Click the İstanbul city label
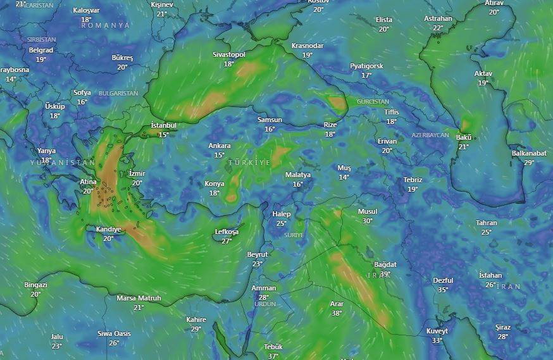pos(163,125)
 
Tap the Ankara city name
pos(220,146)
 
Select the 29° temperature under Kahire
pos(196,328)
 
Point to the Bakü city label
pos(464,137)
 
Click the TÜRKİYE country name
pos(249,163)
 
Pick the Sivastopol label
pos(229,54)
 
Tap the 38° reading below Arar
pos(337,313)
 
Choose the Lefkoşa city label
pos(227,232)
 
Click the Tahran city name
pos(487,223)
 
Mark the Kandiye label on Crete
pos(108,229)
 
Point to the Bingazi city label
pos(35,285)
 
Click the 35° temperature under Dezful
pos(443,290)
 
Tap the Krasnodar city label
pos(308,46)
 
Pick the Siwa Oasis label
pos(114,333)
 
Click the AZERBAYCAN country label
pos(430,135)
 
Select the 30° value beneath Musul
pos(368,221)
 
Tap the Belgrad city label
pos(41,50)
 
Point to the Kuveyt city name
pos(437,331)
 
